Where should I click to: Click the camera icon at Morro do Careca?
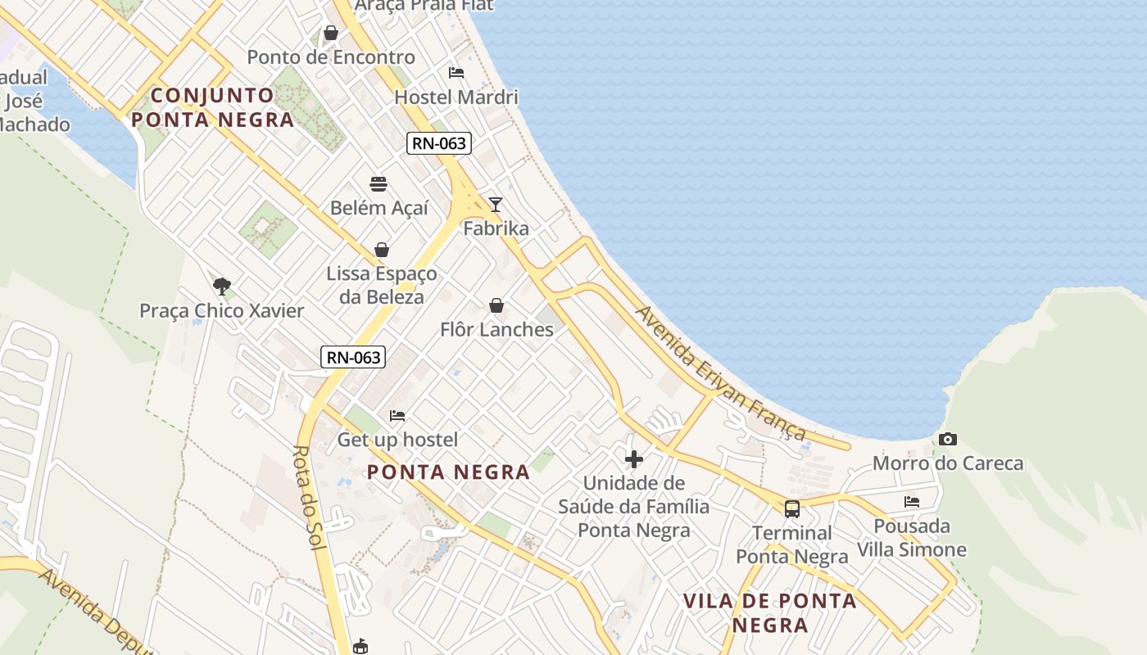pyautogui.click(x=948, y=440)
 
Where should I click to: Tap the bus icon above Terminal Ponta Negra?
pyautogui.click(x=791, y=509)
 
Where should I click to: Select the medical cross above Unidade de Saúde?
pyautogui.click(x=633, y=459)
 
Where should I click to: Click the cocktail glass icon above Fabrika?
pyautogui.click(x=495, y=204)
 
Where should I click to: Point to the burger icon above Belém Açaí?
pyautogui.click(x=378, y=183)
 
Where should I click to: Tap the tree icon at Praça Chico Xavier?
pyautogui.click(x=221, y=286)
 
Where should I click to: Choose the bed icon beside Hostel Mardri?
pyautogui.click(x=456, y=73)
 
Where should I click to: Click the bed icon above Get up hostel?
pyautogui.click(x=397, y=416)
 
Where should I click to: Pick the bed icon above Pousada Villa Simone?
pyautogui.click(x=912, y=502)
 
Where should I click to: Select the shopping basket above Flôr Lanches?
pyautogui.click(x=496, y=305)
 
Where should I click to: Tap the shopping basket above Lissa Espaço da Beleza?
pyautogui.click(x=381, y=250)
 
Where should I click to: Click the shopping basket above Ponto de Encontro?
pyautogui.click(x=331, y=33)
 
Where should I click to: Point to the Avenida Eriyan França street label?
pyautogui.click(x=720, y=373)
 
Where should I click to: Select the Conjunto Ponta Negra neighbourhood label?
pyautogui.click(x=212, y=107)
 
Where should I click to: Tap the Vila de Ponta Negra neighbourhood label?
pyautogui.click(x=770, y=612)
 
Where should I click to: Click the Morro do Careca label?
pyautogui.click(x=948, y=463)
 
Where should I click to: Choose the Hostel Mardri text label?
pyautogui.click(x=456, y=97)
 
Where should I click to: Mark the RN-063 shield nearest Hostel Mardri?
pyautogui.click(x=439, y=143)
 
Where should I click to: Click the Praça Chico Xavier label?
pyautogui.click(x=221, y=311)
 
